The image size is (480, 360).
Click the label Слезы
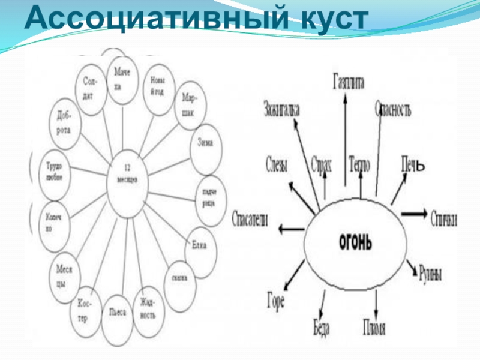277,163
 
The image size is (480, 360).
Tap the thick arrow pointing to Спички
414,214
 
